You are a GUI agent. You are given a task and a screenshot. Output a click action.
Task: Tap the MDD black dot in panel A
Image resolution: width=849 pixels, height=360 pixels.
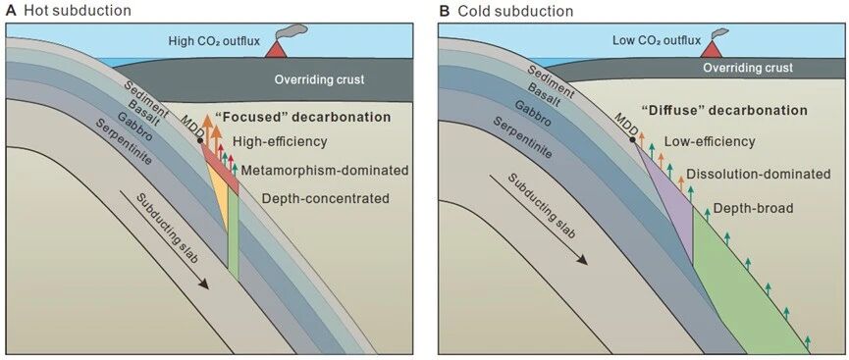[x=200, y=140]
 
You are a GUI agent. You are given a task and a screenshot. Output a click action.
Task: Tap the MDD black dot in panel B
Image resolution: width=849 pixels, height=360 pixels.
[x=632, y=140]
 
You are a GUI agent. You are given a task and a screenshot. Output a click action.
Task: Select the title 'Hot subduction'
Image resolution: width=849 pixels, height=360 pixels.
[x=73, y=10]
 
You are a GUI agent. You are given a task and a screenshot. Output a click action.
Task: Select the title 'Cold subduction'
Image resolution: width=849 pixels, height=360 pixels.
[x=509, y=10]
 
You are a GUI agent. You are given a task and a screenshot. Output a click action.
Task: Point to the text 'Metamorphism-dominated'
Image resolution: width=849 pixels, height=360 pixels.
[x=324, y=170]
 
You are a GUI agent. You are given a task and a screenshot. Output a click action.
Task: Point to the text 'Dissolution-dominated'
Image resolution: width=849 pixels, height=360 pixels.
[x=758, y=175]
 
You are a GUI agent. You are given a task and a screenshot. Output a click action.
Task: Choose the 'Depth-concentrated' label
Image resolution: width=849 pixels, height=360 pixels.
[x=326, y=198]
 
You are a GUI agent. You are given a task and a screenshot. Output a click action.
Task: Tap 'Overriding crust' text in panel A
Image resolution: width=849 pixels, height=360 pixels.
[x=319, y=79]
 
